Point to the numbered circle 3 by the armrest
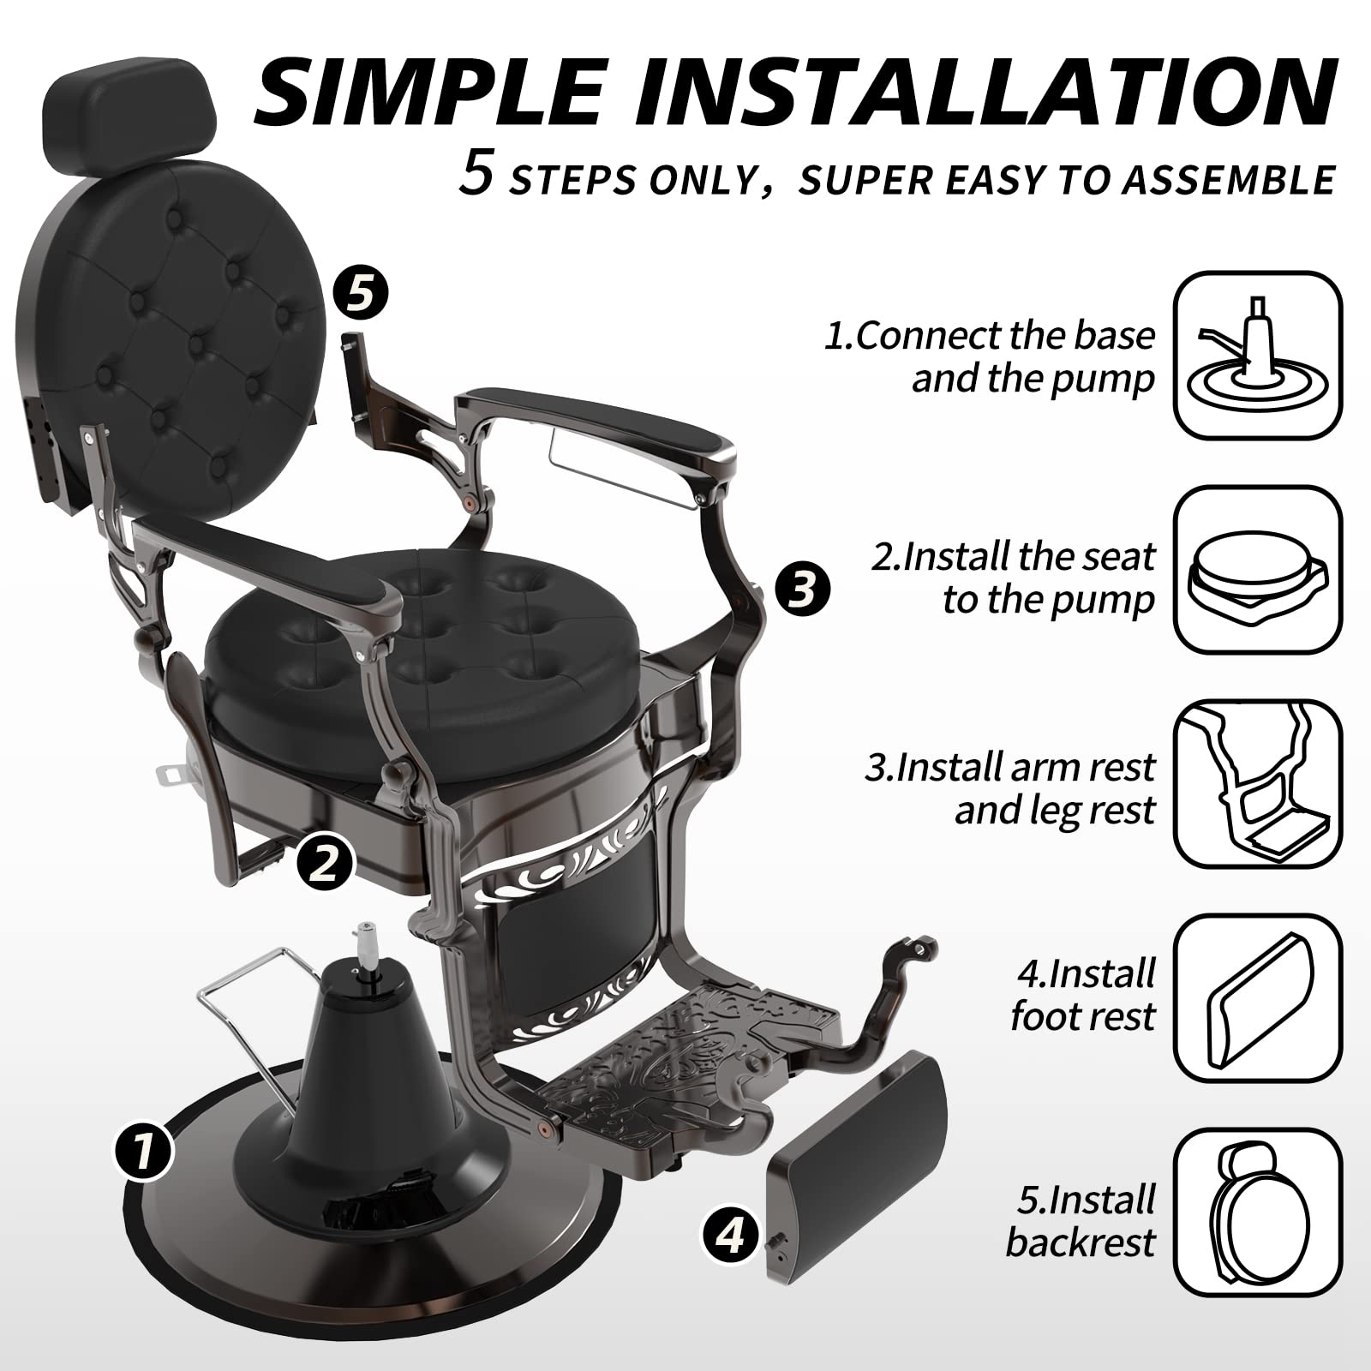[x=802, y=589]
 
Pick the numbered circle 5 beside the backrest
[x=360, y=294]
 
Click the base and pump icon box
[x=1257, y=356]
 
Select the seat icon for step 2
[x=1257, y=570]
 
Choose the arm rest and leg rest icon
[x=1257, y=784]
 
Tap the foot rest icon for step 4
[x=1257, y=998]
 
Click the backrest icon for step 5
[x=1257, y=1212]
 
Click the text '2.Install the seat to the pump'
[x=1013, y=578]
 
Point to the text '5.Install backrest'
[x=1081, y=1220]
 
